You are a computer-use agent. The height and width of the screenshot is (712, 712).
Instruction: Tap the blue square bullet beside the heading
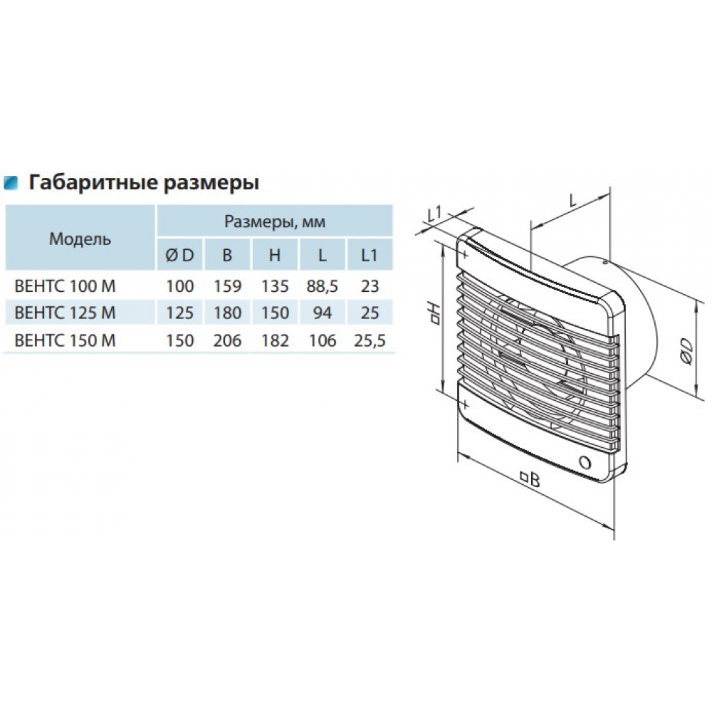point(11,182)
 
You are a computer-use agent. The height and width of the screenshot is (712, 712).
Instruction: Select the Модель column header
point(80,239)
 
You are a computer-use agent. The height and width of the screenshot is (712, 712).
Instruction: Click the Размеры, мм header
point(275,221)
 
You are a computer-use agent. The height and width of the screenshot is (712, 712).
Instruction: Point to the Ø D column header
point(180,255)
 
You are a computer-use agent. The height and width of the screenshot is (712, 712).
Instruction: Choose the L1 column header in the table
point(369,255)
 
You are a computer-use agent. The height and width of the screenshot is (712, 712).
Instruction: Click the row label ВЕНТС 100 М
point(66,286)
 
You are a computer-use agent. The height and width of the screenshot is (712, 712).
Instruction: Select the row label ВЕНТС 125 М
point(66,313)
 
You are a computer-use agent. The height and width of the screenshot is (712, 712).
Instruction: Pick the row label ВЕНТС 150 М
point(66,340)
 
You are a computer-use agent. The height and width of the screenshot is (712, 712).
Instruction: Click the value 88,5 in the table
point(323,286)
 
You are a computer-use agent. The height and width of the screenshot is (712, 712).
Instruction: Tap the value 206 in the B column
point(228,340)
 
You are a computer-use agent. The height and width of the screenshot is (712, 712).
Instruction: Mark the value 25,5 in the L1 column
point(370,340)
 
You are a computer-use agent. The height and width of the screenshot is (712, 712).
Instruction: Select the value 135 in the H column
point(275,286)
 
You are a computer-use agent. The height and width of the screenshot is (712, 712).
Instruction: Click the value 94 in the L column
point(323,313)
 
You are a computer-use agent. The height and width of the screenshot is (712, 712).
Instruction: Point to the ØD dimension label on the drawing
point(686,351)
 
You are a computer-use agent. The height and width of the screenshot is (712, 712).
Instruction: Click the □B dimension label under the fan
point(530,478)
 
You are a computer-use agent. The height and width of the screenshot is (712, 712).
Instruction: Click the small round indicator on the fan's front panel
point(585,463)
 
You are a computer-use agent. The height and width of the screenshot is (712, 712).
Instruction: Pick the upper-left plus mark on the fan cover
point(464,254)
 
